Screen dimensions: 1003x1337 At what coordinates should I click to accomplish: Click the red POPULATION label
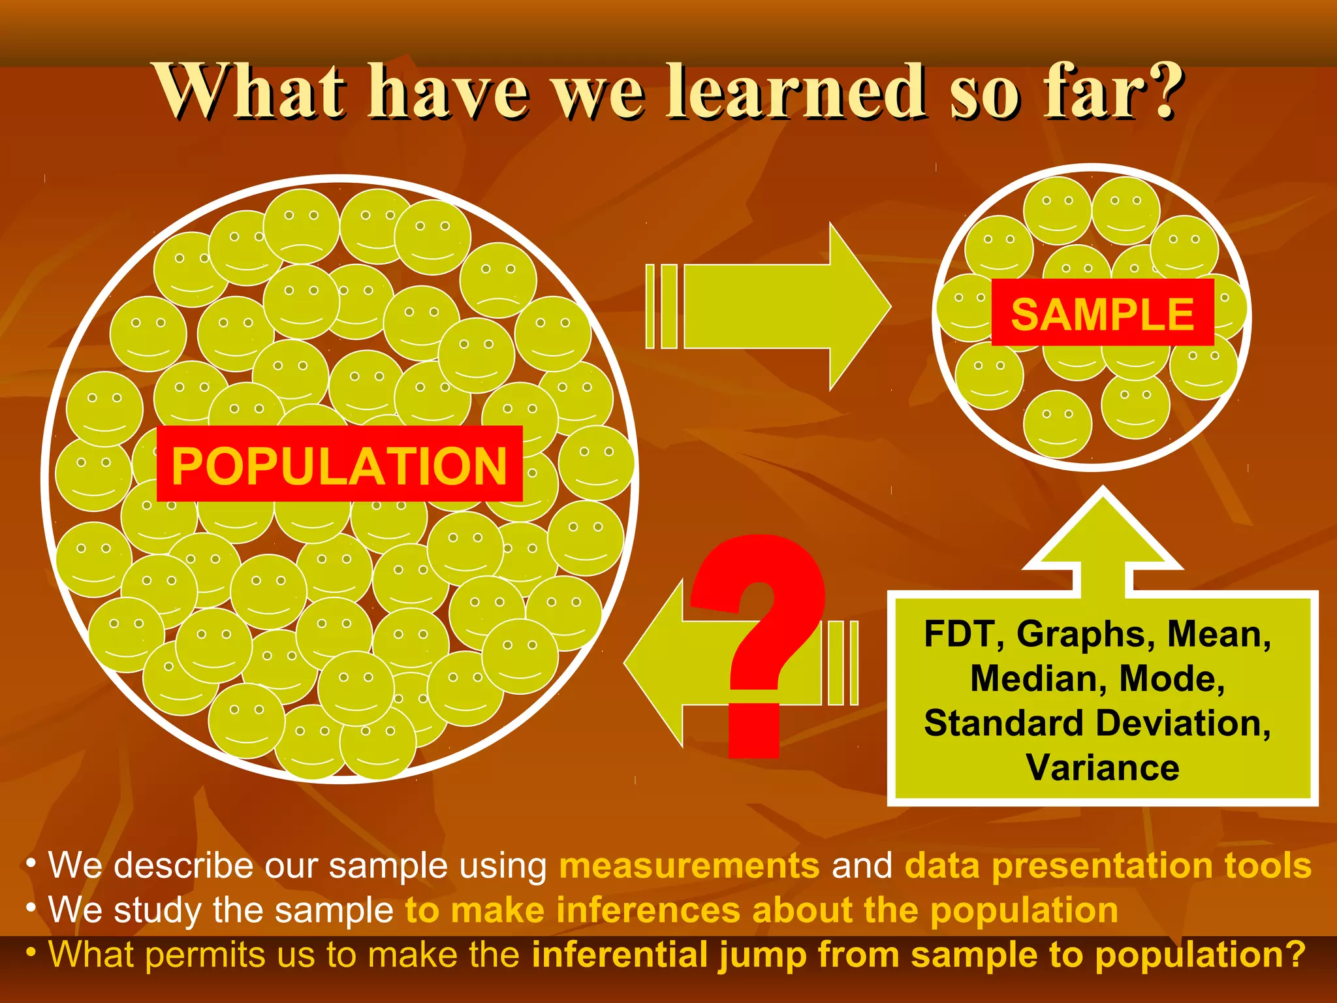point(339,464)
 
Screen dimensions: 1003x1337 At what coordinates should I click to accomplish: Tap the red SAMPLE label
point(1102,313)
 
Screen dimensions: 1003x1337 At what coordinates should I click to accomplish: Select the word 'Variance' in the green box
point(1103,767)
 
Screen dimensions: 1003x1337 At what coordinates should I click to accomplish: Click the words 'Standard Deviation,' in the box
point(1097,723)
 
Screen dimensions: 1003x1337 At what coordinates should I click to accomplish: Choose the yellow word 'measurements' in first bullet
point(689,866)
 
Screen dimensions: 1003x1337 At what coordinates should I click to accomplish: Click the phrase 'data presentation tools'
point(1108,866)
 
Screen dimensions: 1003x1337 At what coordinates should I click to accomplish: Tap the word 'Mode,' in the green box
point(1172,678)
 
